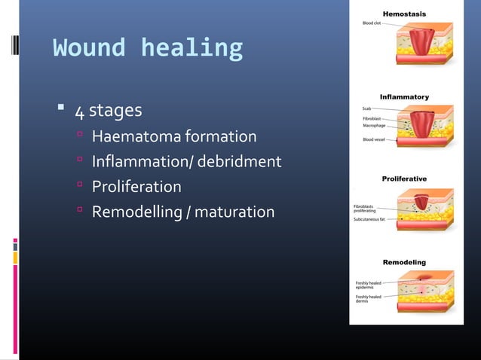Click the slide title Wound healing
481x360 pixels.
click(x=148, y=48)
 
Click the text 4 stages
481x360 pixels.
click(x=107, y=111)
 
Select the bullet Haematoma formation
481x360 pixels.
click(x=173, y=137)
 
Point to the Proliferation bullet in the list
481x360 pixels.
click(x=136, y=187)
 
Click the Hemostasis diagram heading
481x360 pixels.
click(x=404, y=14)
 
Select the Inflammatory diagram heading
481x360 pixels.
click(x=404, y=97)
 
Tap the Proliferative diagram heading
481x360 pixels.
click(x=404, y=178)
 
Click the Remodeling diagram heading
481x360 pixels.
click(x=404, y=262)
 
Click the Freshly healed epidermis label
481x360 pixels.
click(x=369, y=285)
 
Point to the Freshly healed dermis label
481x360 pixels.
click(x=369, y=298)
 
